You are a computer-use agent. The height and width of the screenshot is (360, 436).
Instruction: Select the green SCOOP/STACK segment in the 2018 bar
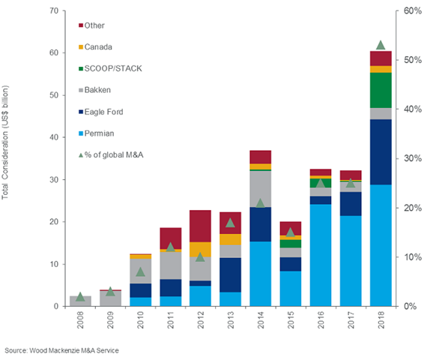[x=381, y=90]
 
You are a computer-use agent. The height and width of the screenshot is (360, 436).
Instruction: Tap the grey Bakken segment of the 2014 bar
[x=260, y=189]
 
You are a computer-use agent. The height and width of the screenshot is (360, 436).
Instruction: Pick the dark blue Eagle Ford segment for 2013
[x=231, y=274]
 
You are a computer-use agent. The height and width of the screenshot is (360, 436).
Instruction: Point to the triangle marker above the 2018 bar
[x=381, y=45]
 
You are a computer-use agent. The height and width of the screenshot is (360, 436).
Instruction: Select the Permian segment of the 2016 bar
[x=321, y=255]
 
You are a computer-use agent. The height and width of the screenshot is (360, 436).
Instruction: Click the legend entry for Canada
[x=98, y=46]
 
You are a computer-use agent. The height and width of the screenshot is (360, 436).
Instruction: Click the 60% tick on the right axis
[x=412, y=11]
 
